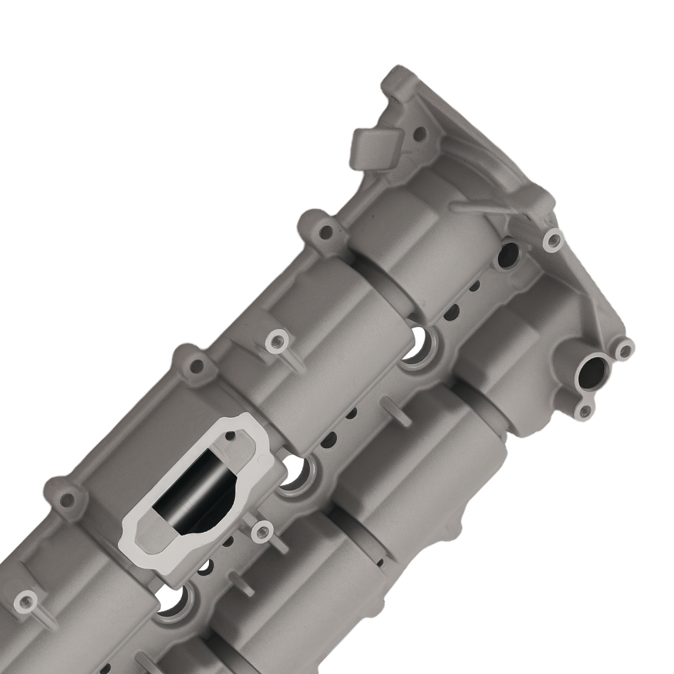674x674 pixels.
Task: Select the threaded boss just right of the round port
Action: pos(625,349)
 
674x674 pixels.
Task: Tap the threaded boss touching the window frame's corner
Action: pos(258,532)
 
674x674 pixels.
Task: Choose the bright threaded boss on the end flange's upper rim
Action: pos(554,239)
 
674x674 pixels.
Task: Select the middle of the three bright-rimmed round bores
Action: pos(295,472)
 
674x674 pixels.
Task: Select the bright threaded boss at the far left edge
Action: pos(27,599)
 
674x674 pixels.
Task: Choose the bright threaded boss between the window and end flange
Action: pos(275,341)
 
